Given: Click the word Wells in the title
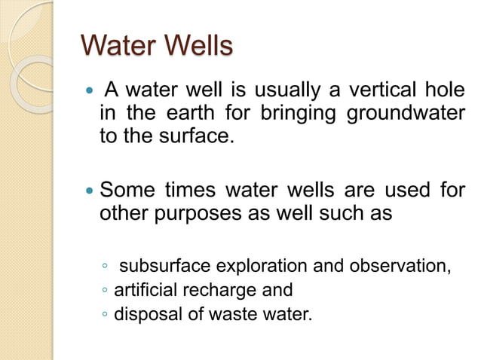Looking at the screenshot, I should point(194,46).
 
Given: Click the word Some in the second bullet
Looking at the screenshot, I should point(123,191).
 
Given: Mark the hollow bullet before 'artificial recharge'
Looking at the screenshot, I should point(106,290).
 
